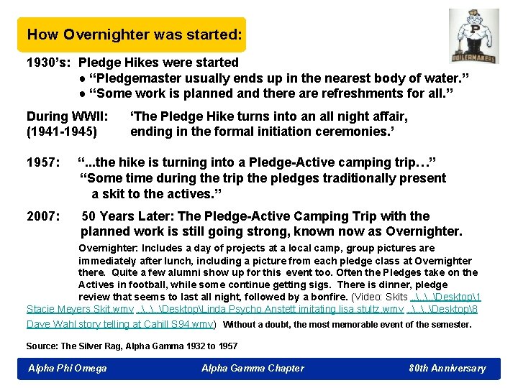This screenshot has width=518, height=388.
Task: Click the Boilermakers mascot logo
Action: coord(473,36)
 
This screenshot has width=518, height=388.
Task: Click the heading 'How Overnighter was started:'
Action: coord(135,34)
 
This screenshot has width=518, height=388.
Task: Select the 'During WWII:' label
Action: coord(67,116)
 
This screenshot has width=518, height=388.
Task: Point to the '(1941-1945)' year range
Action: coord(62,131)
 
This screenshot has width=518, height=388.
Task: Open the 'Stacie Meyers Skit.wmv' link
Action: coord(80,309)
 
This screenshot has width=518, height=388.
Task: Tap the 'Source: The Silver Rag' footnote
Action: coord(132,346)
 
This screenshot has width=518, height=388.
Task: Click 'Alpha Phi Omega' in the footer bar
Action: coord(67,369)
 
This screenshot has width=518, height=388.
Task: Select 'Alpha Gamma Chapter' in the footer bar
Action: coord(253,369)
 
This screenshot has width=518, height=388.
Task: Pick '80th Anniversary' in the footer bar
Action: coord(447,369)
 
